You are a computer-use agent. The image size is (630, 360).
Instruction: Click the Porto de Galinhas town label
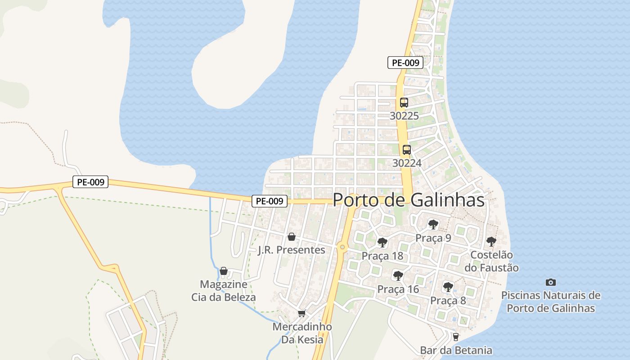coord(409,200)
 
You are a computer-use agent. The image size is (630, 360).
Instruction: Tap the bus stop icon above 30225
coord(404,103)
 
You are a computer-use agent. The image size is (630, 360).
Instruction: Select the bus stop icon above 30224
coord(407,150)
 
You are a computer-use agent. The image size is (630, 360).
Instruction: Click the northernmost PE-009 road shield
coord(405,63)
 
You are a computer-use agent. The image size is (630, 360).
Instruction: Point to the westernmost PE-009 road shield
coord(90,182)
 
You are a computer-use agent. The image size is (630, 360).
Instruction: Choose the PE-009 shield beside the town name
coord(269,201)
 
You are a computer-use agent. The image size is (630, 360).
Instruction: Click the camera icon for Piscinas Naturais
coord(550,283)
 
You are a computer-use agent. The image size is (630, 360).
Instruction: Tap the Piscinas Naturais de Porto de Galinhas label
coord(551,302)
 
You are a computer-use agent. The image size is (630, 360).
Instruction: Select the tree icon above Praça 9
coord(433,224)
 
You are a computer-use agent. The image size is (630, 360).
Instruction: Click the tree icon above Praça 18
coord(382,243)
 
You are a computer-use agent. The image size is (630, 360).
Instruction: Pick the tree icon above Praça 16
coord(398,275)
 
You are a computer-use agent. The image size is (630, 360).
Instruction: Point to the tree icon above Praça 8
coord(448,287)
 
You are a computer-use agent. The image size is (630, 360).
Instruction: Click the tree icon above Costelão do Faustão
coord(491,241)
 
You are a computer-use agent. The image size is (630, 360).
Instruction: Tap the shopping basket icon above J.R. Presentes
coord(292,237)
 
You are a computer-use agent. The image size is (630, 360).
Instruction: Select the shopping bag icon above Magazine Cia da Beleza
coord(224,271)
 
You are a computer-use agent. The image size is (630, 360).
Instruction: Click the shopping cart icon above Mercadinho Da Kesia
coord(301,313)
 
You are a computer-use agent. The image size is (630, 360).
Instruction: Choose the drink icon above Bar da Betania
coord(456,337)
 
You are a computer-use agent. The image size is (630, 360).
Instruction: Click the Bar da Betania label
coord(456,350)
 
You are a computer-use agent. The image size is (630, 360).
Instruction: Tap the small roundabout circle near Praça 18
coord(342,247)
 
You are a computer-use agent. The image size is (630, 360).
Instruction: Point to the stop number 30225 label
coord(404,116)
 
